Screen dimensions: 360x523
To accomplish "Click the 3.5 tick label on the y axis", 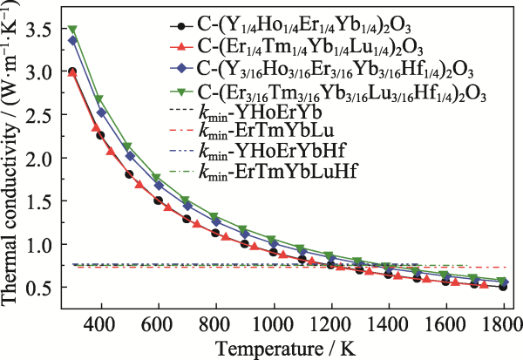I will pos(37,31).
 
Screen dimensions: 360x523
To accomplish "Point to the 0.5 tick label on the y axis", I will pos(37,288).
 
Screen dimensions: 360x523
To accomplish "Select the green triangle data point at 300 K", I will pos(73,30).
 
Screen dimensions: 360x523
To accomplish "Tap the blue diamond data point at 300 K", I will pos(73,40).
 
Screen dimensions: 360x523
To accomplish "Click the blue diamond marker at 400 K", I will pos(101,112).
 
